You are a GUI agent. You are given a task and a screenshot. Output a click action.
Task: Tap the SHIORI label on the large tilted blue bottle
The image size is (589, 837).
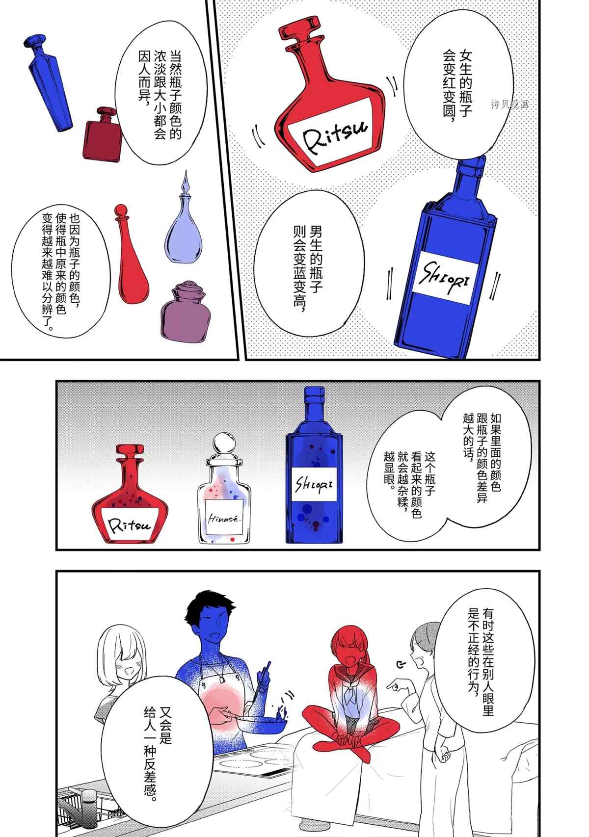tap(446, 277)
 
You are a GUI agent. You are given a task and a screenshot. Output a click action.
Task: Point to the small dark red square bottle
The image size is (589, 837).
tap(102, 135)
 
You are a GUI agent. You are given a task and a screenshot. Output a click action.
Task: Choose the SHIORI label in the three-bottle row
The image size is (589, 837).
tap(314, 484)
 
